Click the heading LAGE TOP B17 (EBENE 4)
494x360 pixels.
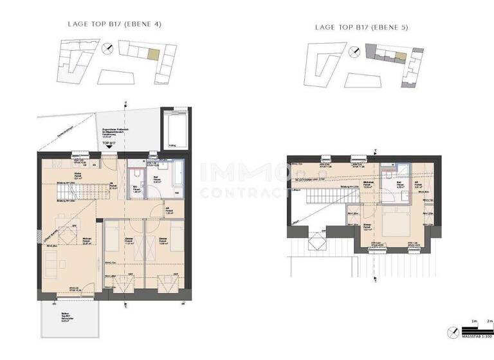point(114,24)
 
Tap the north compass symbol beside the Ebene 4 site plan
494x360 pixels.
point(110,48)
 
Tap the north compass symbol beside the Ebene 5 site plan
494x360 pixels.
point(352,51)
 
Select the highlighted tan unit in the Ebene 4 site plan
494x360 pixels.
point(152,55)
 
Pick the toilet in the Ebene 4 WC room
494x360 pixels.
point(136,175)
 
